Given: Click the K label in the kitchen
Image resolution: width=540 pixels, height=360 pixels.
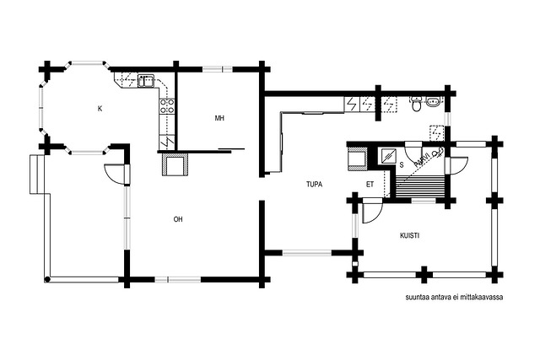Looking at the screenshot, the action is pos(100,109).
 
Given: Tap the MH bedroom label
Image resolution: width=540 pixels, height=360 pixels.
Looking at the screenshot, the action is pos(219,118).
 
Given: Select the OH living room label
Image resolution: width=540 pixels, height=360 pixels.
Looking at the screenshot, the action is pos(178,219).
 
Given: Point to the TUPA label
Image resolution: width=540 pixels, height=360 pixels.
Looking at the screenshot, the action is pos(315,185).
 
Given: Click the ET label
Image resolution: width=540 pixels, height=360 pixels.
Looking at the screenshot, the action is pos(370,185).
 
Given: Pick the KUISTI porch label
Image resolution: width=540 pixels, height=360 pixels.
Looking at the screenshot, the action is pos(410,236).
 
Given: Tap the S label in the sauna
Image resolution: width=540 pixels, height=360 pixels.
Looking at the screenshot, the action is pos(402,165).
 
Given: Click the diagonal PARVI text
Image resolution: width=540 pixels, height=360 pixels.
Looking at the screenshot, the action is pos(422,160).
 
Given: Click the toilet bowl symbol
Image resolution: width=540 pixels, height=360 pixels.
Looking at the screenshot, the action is pos(416,105).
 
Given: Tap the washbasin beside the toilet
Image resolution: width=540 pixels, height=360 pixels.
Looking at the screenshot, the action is pos(432,101).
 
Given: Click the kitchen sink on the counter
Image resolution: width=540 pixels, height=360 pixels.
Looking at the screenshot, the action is pos(146,81).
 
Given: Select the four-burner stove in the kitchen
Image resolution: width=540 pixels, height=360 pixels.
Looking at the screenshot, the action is pos(167,106).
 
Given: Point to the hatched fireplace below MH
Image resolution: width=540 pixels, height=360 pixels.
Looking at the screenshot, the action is pos(175,164).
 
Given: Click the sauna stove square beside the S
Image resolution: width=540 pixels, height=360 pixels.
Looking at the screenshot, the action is pos(388,156).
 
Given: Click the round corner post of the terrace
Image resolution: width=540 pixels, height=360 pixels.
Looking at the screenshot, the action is pos(47,279).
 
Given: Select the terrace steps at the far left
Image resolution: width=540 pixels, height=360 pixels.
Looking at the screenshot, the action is pos(37,175).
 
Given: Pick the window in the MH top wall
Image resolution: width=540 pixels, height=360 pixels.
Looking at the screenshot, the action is pos(218,69).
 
